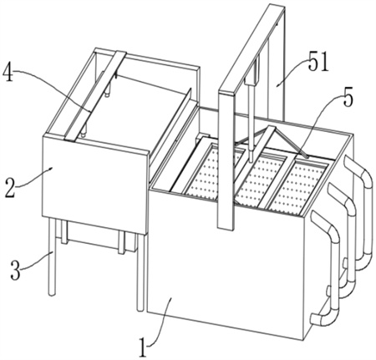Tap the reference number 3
(15, 271)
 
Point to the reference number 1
(143, 347)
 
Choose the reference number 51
(318, 62)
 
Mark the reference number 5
(348, 97)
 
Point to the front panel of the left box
(94, 182)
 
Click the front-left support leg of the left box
(52, 256)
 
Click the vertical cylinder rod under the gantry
(252, 123)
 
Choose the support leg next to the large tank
(140, 272)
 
